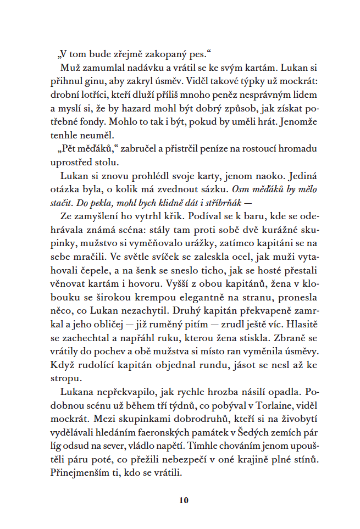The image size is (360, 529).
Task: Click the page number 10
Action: click(x=184, y=500)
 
